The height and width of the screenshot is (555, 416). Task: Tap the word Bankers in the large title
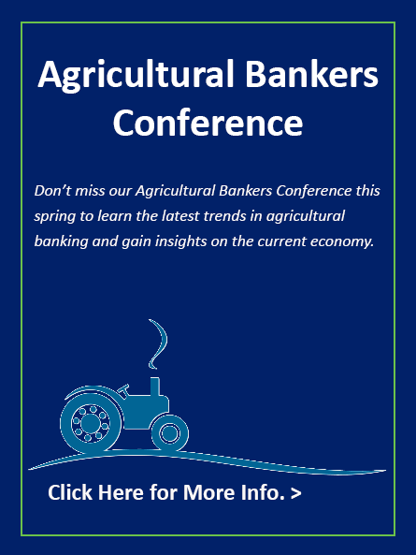(x=311, y=74)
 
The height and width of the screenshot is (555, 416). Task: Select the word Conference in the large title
(x=208, y=122)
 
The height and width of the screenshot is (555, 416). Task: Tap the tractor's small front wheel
(x=169, y=433)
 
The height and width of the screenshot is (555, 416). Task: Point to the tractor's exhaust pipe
(x=155, y=387)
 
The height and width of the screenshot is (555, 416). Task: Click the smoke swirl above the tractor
(x=158, y=343)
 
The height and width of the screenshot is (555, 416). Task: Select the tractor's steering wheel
(x=123, y=389)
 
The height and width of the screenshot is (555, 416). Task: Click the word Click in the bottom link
(x=70, y=492)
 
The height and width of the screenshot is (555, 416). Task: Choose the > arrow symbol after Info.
(x=295, y=493)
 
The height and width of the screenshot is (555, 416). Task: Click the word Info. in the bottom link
(x=263, y=492)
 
